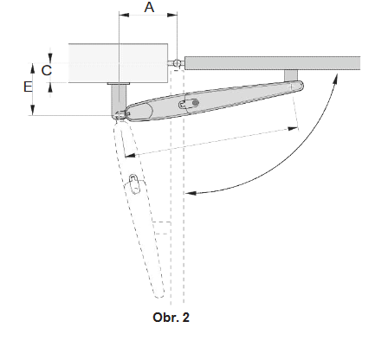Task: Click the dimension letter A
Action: point(149,8)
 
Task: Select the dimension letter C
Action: point(46,67)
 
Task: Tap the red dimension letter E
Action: point(29,87)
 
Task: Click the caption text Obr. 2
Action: point(171,317)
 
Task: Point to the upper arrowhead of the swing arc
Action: point(334,76)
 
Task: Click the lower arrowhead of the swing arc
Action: point(191,191)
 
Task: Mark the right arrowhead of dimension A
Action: point(173,16)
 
